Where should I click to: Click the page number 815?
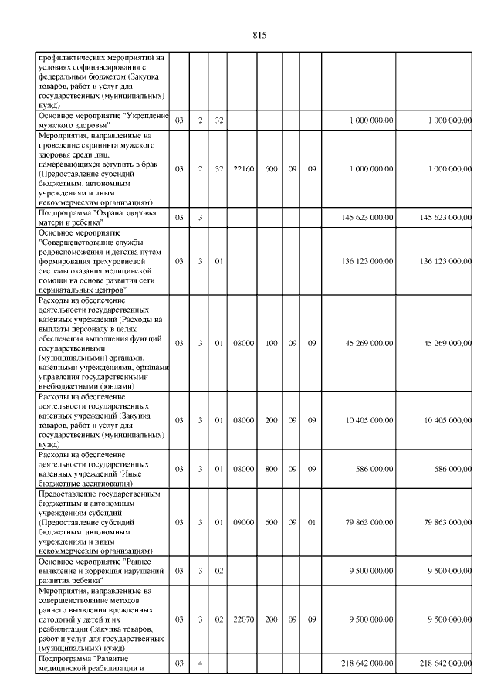coord(259,35)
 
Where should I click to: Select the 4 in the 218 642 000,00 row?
coord(199,663)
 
